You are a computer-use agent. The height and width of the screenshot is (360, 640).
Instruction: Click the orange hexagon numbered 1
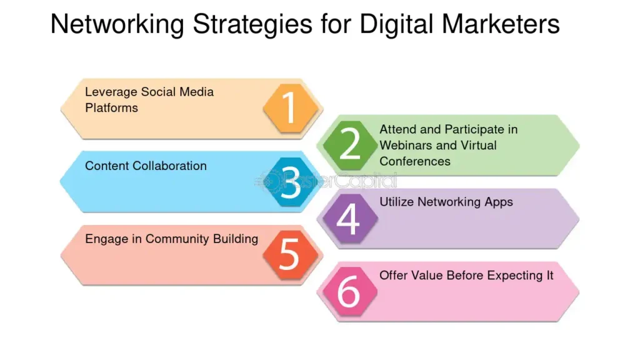click(290, 108)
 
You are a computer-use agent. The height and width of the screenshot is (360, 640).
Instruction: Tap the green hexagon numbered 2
click(349, 145)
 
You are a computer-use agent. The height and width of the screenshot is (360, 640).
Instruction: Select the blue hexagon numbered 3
click(290, 182)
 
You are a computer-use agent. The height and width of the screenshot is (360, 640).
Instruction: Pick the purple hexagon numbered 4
click(348, 219)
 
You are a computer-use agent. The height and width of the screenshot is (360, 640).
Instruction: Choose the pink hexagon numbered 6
click(348, 292)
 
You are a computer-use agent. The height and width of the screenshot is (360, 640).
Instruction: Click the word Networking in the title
click(117, 25)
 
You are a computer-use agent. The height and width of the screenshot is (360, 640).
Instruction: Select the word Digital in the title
click(398, 25)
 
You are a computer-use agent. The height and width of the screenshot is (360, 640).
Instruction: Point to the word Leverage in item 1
click(111, 92)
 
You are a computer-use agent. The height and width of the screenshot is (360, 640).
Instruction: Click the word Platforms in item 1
click(111, 108)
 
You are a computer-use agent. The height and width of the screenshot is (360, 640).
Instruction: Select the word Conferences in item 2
click(415, 161)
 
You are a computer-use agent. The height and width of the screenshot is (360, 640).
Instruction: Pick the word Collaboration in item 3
click(168, 166)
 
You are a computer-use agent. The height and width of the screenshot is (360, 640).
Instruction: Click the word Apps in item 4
click(499, 202)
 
